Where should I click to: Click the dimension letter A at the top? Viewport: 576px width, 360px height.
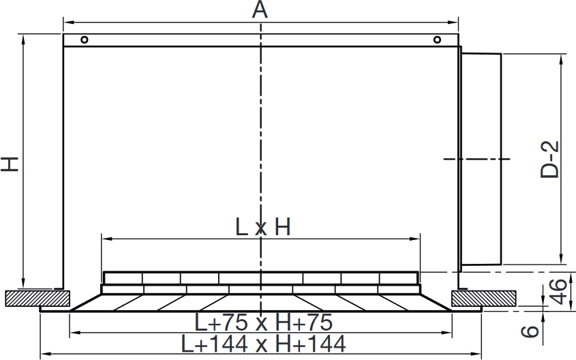click(260, 10)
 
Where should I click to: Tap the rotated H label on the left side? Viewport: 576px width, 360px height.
click(10, 164)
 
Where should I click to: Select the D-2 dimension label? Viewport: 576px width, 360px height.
click(550, 160)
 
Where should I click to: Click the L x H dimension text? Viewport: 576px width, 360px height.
click(262, 227)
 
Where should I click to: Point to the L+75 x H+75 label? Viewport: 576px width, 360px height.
click(263, 322)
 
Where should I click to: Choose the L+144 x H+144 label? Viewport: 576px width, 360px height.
click(263, 344)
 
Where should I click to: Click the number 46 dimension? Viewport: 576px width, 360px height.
click(559, 292)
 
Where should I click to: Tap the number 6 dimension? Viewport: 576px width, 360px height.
click(530, 331)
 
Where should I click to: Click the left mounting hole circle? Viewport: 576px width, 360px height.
click(84, 40)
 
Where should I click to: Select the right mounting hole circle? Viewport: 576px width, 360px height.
click(437, 40)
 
